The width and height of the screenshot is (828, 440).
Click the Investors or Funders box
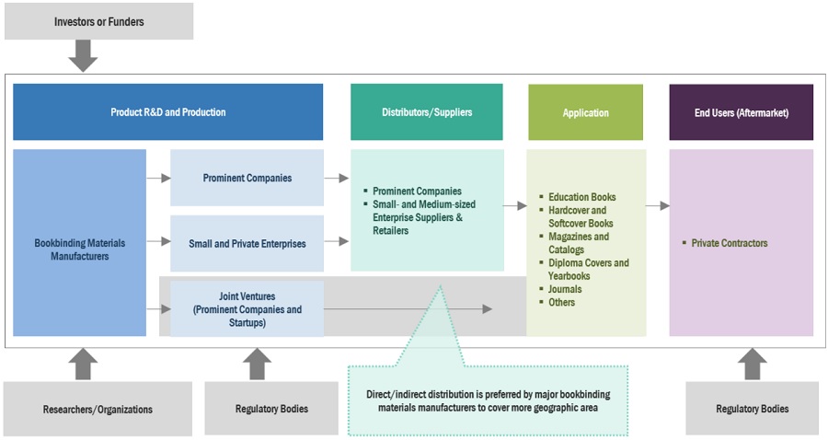tap(98, 21)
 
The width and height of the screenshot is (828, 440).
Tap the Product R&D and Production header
tap(168, 112)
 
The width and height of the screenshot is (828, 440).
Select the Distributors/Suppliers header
tap(427, 112)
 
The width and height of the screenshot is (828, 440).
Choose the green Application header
tap(586, 113)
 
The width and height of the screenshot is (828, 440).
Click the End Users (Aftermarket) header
tap(742, 113)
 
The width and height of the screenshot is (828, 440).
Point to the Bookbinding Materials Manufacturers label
tap(79, 249)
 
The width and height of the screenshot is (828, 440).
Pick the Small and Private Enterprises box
tap(247, 244)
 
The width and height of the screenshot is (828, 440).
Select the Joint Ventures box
tap(247, 309)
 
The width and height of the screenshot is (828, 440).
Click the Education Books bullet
tap(581, 197)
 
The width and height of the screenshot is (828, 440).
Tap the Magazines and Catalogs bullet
tap(578, 243)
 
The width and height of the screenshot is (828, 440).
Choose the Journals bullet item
tap(564, 289)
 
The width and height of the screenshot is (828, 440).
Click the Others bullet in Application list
tap(561, 302)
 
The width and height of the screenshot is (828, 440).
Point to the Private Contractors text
tap(730, 244)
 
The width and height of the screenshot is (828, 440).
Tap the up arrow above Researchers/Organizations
tap(84, 364)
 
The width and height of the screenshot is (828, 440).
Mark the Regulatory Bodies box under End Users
tap(752, 409)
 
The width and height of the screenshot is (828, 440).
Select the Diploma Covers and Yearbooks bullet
tap(588, 269)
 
